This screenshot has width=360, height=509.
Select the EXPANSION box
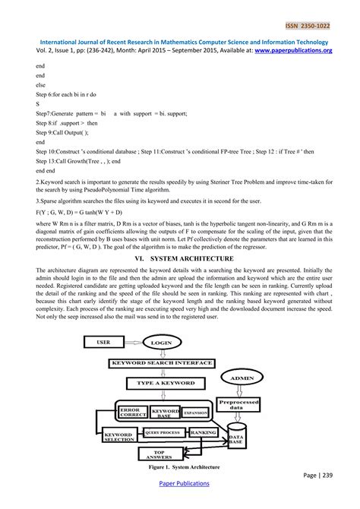(x=195, y=412)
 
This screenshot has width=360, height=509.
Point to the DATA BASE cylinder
(x=236, y=439)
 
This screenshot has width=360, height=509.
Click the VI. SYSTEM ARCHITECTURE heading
(x=179, y=258)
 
